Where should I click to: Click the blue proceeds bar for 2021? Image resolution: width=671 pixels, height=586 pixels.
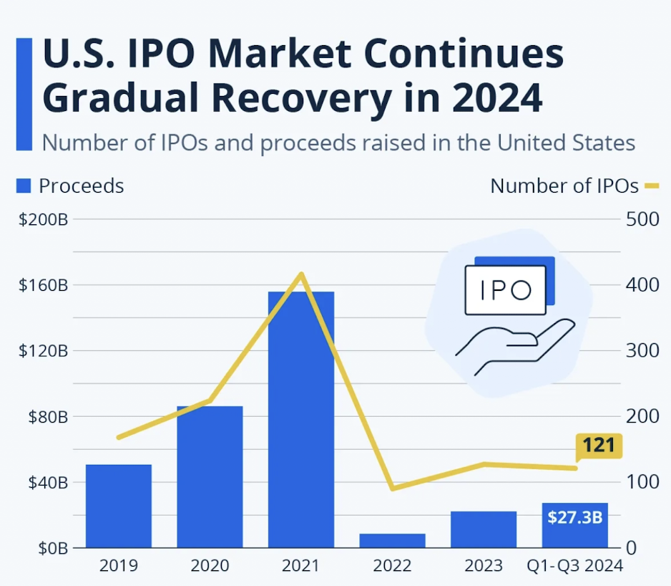[x=301, y=419]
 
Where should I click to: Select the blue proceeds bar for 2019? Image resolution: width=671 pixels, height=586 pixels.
[x=119, y=506]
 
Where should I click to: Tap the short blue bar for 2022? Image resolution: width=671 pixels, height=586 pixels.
[x=393, y=540]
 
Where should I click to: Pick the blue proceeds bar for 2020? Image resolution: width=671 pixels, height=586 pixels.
[x=210, y=476]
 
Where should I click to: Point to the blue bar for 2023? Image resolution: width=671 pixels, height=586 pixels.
[x=484, y=529]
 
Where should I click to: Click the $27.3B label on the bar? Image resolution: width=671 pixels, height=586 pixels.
[x=574, y=517]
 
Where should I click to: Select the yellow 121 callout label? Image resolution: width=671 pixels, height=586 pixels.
[x=598, y=446]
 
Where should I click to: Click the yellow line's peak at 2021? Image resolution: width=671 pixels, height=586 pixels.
[x=302, y=274]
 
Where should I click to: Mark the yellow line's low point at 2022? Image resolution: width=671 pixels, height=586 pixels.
[x=393, y=489]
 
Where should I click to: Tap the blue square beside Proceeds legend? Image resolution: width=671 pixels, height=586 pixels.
[x=24, y=186]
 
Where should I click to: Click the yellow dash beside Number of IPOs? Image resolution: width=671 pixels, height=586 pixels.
[x=652, y=186]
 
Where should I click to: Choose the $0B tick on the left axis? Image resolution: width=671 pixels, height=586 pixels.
[x=52, y=548]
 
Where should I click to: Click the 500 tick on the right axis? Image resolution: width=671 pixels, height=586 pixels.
[x=642, y=219]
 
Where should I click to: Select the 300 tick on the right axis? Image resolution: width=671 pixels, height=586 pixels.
[x=642, y=351]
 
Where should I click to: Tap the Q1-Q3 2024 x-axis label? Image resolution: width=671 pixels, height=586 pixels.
[x=574, y=566]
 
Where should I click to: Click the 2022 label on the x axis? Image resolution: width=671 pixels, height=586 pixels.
[x=393, y=566]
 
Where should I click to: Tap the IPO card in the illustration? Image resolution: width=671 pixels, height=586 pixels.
[x=505, y=290]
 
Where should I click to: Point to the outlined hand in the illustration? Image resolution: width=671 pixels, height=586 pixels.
[x=519, y=344]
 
